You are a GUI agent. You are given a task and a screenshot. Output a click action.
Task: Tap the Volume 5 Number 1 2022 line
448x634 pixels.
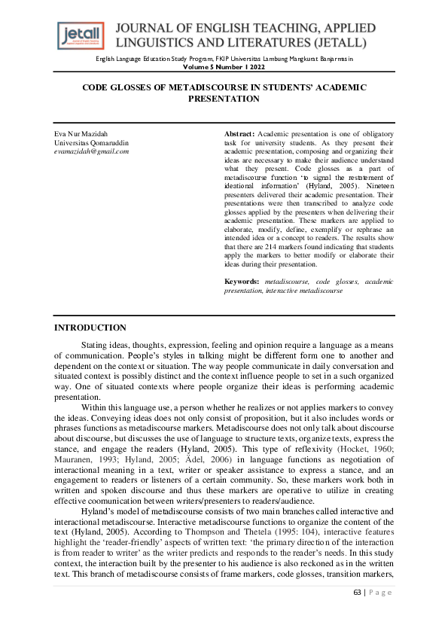tap(224, 67)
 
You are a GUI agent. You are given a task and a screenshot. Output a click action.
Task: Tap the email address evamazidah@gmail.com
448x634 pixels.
tap(92, 151)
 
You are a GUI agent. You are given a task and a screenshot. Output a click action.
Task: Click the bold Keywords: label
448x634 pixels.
tap(243, 281)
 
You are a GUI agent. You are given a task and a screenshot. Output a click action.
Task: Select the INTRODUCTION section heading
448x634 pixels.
tap(90, 328)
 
